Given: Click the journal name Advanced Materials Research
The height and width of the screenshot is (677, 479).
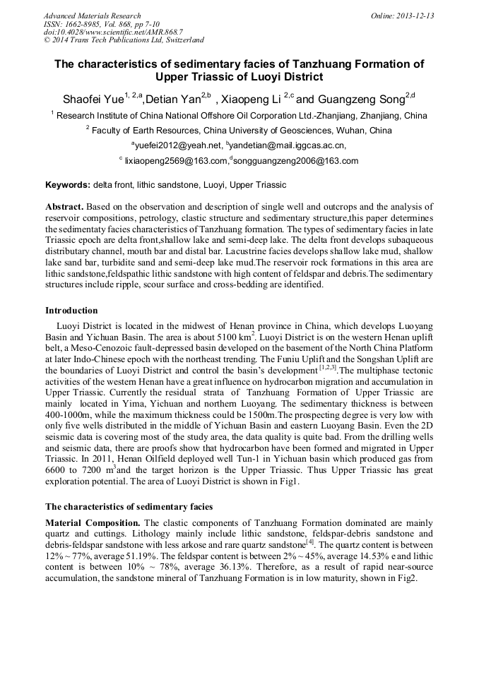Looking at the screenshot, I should point(92,16).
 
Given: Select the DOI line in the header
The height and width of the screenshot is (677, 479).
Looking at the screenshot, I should point(112,32).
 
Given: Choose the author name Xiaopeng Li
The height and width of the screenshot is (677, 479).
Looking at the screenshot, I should point(250,99).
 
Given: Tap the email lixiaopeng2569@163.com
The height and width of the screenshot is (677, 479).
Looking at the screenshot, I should point(175,161).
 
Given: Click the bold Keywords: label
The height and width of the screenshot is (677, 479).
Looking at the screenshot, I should point(68,185).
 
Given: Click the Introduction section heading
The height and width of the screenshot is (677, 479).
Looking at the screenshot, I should point(71,310).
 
